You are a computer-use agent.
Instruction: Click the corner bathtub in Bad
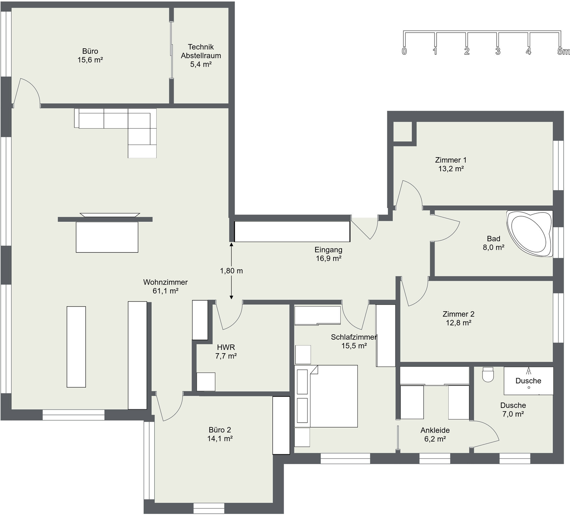click(x=529, y=234)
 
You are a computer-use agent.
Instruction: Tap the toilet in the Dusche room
click(x=488, y=374)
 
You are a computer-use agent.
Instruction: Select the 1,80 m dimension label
click(x=231, y=271)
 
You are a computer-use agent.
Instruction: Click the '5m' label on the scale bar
click(x=563, y=51)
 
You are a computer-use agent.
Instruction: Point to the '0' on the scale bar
click(x=404, y=51)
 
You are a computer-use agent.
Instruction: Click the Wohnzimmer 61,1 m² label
click(x=165, y=286)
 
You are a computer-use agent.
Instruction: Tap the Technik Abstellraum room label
click(x=201, y=55)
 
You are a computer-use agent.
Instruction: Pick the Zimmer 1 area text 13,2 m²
click(x=451, y=169)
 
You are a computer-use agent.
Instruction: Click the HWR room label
click(x=226, y=347)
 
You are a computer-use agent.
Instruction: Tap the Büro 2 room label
click(x=220, y=430)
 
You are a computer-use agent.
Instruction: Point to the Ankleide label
click(x=435, y=430)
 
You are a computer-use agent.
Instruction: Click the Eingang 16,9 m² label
click(x=329, y=254)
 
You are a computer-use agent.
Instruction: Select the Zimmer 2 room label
click(x=458, y=314)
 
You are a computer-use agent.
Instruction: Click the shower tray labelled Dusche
click(x=528, y=381)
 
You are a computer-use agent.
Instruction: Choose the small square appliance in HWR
click(x=206, y=382)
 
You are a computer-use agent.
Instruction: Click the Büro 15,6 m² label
click(x=90, y=55)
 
